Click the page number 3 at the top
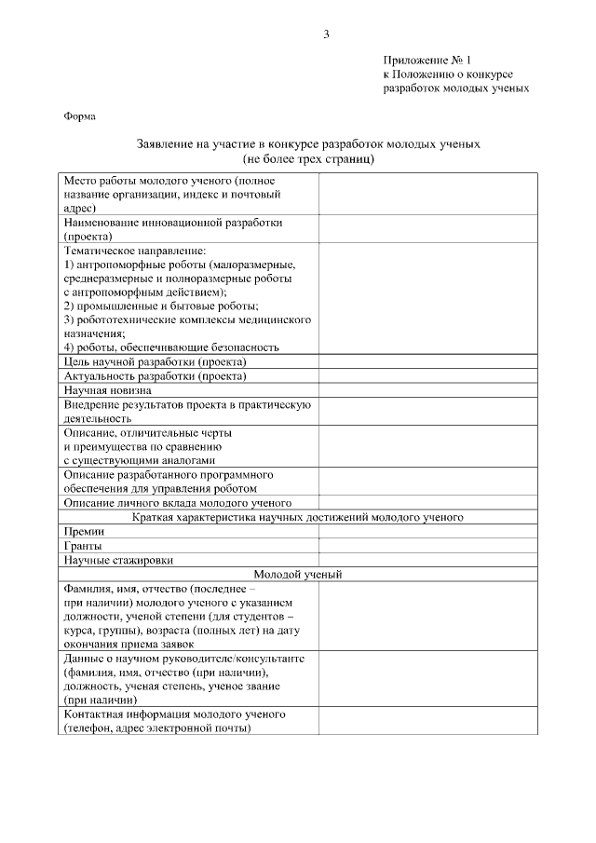326,34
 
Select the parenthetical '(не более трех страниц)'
308,159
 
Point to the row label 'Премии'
83,531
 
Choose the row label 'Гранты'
83,546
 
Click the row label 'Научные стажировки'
119,560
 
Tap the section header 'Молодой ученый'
298,574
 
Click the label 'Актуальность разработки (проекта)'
155,376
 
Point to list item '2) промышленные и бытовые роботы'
161,306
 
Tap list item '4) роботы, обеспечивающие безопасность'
171,347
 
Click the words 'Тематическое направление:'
135,251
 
